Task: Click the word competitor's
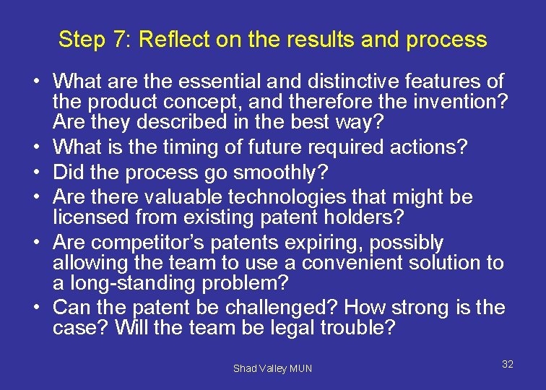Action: (x=145, y=243)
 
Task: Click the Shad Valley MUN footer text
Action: (x=272, y=368)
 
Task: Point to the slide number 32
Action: (x=507, y=364)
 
